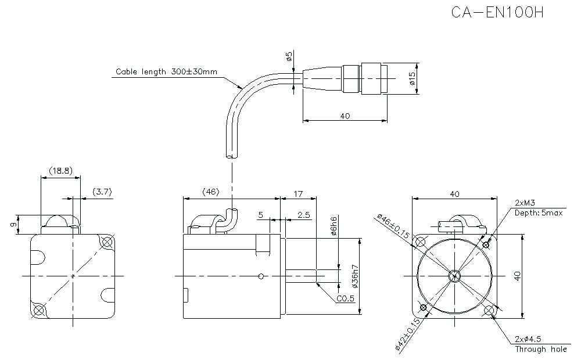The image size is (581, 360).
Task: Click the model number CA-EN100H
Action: pyautogui.click(x=497, y=13)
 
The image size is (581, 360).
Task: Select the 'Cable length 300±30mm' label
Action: pyautogui.click(x=166, y=72)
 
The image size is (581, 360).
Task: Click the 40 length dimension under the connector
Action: pyautogui.click(x=345, y=116)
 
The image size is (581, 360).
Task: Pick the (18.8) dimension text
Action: pyautogui.click(x=60, y=171)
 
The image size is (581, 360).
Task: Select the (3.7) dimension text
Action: pyautogui.click(x=102, y=192)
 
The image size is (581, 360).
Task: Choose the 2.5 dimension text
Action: pyautogui.click(x=303, y=215)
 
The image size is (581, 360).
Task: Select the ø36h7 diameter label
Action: pyautogui.click(x=354, y=277)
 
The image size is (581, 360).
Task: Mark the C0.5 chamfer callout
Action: pyautogui.click(x=345, y=299)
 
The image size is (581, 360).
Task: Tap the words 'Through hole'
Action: pyautogui.click(x=541, y=349)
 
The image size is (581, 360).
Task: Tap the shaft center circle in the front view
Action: pyautogui.click(x=455, y=275)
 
